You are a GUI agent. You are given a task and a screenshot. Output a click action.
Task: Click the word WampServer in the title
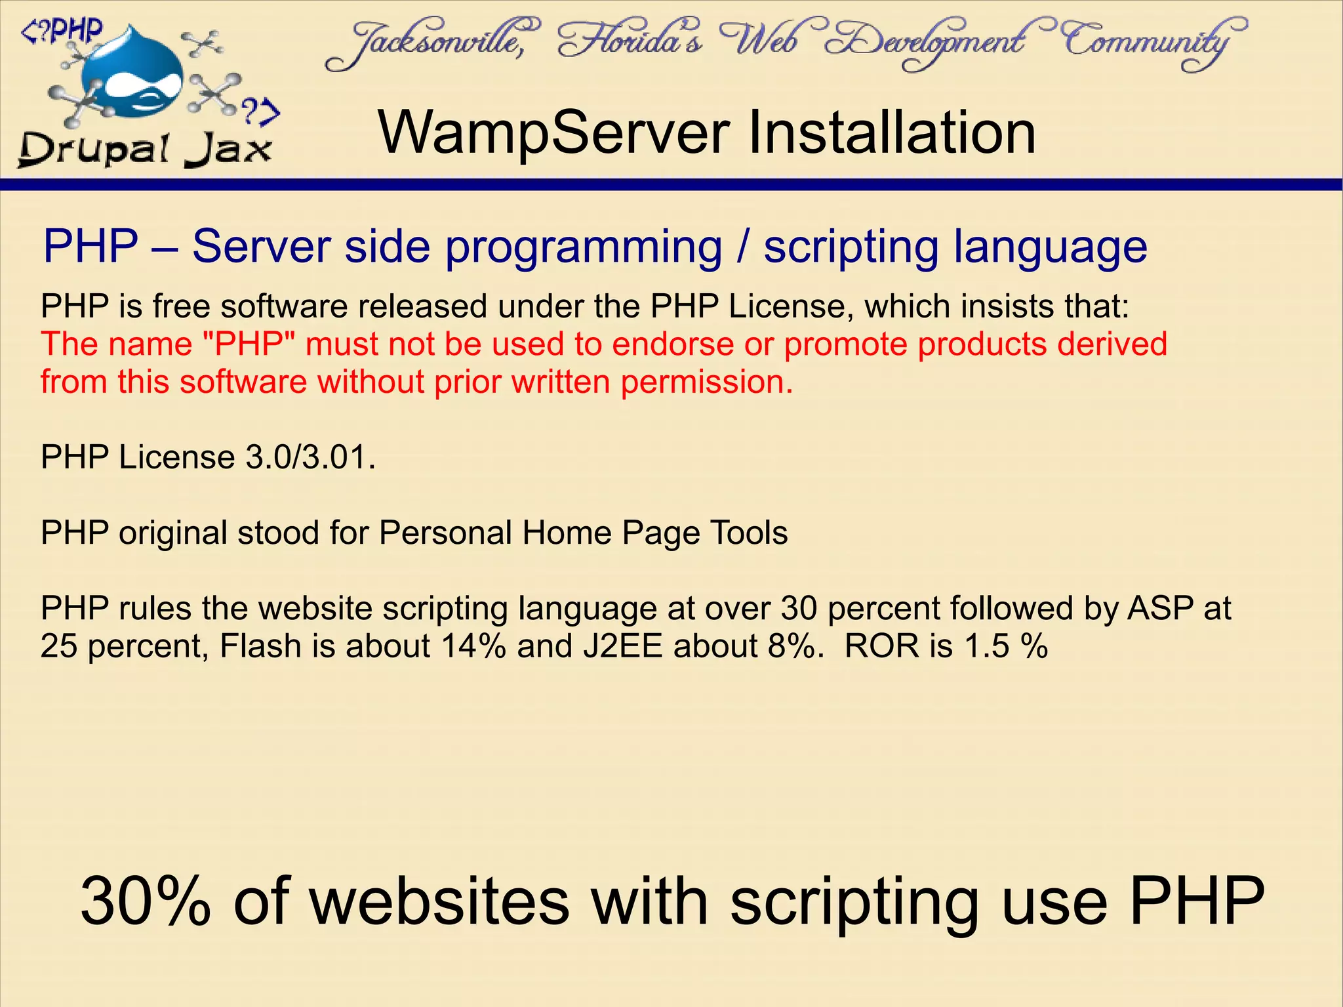tap(553, 133)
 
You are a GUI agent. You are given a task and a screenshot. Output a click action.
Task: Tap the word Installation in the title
tap(891, 133)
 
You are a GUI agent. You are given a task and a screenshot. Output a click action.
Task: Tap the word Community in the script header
tap(1154, 43)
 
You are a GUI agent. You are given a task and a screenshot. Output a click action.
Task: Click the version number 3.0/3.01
tap(310, 457)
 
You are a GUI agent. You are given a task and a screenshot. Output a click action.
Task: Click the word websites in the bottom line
tap(439, 902)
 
